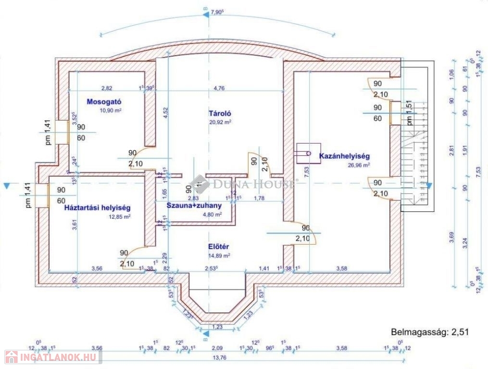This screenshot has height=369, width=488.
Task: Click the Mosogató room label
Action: (103, 101)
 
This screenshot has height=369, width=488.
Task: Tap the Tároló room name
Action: (220, 114)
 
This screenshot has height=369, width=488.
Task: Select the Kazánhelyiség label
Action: (344, 156)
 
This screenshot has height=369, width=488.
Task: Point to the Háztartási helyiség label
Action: (98, 208)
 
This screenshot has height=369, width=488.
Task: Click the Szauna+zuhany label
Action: (194, 206)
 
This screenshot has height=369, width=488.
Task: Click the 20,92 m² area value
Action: (220, 122)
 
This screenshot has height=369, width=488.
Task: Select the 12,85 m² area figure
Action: (120, 216)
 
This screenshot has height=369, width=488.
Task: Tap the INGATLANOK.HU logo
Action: (50, 357)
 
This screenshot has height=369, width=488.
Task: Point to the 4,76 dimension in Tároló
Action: (219, 88)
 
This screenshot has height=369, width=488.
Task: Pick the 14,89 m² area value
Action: (219, 255)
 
